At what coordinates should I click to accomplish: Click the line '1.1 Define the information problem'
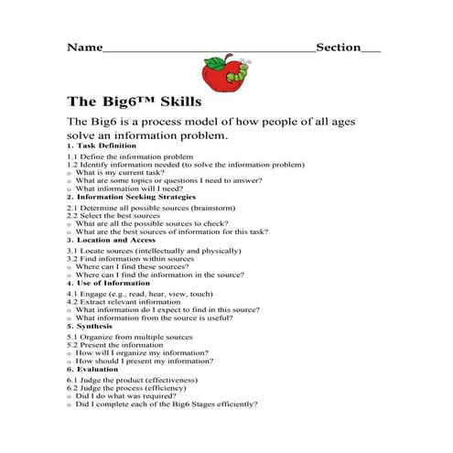coord(130,157)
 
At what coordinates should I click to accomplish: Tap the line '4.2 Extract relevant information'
coord(126,301)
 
